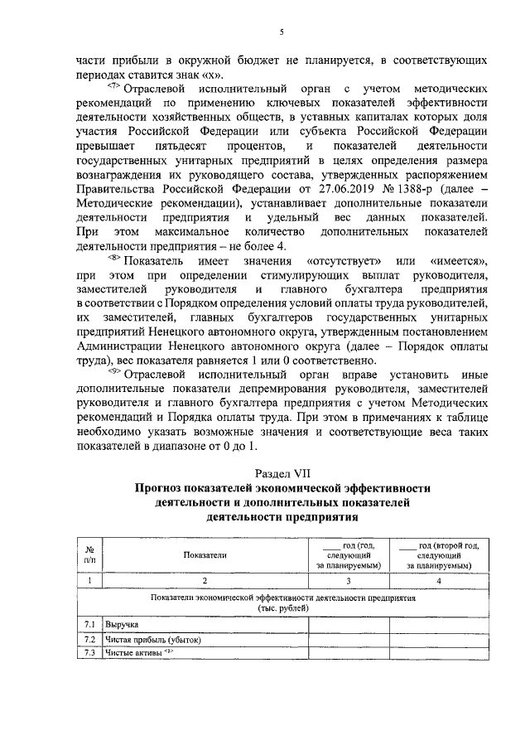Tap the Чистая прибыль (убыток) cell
152,640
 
